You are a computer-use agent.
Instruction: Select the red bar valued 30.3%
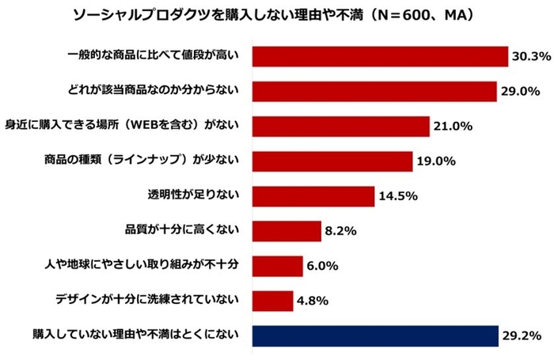tap(380, 56)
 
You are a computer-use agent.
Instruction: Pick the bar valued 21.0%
tap(340, 126)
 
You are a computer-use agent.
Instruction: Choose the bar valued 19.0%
tap(332, 161)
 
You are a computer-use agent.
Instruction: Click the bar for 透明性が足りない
tap(313, 195)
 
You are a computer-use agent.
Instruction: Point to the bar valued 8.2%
tap(286, 230)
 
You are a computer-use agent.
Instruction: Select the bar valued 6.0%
tap(277, 265)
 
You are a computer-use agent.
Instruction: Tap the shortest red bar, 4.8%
tap(272, 300)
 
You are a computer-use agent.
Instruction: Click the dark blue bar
tap(375, 335)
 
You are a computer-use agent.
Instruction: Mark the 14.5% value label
tap(397, 195)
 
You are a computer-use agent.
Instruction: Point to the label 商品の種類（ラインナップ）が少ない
tap(142, 161)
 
